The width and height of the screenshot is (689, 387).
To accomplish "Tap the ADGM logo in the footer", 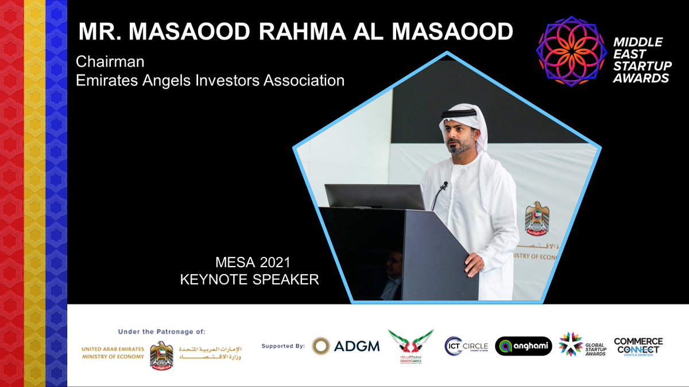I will (346, 346).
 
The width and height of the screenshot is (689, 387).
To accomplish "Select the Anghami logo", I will (523, 346).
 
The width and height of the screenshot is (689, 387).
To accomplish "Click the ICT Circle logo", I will (466, 346).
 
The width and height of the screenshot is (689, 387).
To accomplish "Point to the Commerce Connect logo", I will (638, 346).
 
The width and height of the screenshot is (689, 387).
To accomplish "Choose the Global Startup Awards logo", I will (581, 345).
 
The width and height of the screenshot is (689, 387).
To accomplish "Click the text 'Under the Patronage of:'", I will (161, 331).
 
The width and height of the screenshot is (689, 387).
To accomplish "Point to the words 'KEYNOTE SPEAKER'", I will (249, 280).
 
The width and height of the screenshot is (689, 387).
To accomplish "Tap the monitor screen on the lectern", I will (374, 197).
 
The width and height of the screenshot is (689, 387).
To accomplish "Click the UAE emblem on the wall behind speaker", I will (537, 218).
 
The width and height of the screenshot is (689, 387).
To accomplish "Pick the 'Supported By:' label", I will (284, 346).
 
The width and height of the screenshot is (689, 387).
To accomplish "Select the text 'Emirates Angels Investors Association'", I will (210, 80).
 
